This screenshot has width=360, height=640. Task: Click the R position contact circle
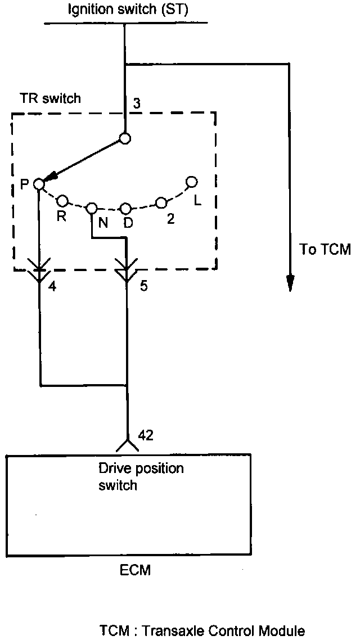pyautogui.click(x=62, y=200)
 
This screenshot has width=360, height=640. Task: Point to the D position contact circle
pyautogui.click(x=126, y=209)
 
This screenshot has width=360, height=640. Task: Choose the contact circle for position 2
pyautogui.click(x=161, y=202)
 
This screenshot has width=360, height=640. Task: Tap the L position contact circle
pyautogui.click(x=191, y=182)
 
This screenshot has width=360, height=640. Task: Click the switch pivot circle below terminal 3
pyautogui.click(x=125, y=138)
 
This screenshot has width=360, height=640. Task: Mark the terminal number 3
pyautogui.click(x=137, y=103)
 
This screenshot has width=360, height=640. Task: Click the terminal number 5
pyautogui.click(x=143, y=286)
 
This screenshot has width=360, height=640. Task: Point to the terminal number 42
pyautogui.click(x=145, y=435)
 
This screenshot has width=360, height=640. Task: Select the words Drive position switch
pyautogui.click(x=141, y=476)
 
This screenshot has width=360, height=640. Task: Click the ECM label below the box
pyautogui.click(x=135, y=570)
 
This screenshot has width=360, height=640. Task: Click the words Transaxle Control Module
pyautogui.click(x=224, y=630)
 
